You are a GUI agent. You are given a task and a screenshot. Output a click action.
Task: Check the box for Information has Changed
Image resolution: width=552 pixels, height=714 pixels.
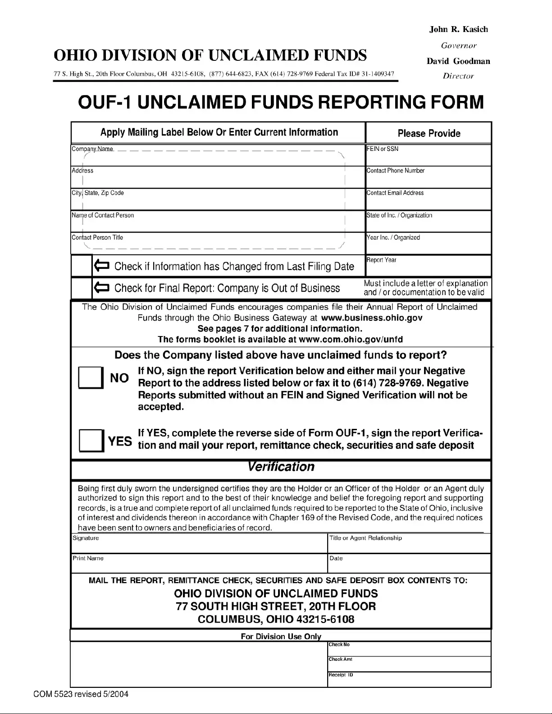coord(82,266)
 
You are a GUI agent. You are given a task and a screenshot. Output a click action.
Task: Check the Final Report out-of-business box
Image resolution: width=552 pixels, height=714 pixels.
coord(82,288)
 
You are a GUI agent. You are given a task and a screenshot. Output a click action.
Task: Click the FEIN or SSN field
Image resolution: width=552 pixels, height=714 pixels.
coord(428,158)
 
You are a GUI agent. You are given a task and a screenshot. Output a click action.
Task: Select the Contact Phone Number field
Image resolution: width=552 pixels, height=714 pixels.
coord(428,179)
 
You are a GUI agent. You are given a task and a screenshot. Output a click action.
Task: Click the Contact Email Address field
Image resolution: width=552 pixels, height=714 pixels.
coord(428,201)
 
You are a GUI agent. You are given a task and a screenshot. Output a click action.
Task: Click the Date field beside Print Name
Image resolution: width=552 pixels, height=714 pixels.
coord(409,565)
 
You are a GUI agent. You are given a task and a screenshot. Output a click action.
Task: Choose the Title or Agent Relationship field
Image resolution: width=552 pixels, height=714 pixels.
coord(409,546)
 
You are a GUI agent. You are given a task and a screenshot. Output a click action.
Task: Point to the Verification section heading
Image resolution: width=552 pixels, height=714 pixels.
coord(281,467)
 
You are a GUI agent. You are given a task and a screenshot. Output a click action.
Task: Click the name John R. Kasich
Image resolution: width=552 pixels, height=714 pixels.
coord(458,29)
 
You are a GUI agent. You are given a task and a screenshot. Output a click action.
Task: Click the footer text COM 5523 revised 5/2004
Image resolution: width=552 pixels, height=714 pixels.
coord(81,694)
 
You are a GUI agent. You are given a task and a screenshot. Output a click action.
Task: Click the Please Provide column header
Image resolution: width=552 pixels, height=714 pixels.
coord(429,133)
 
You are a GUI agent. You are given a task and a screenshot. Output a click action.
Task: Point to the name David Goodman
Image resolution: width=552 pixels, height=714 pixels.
coord(458,61)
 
